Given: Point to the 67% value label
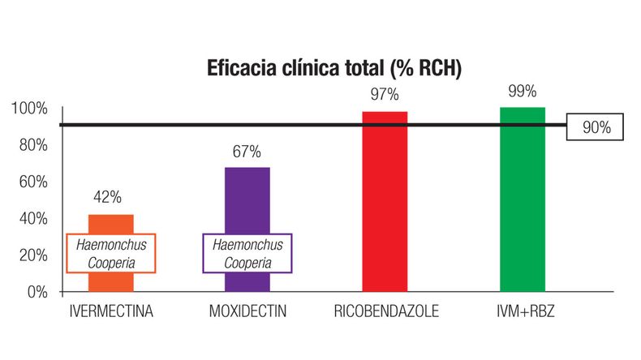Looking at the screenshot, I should click(247, 152).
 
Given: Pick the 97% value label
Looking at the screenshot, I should click(385, 95).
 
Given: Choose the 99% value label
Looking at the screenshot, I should click(522, 91).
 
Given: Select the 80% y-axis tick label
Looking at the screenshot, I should click(32, 145).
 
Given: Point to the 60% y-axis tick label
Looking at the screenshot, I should click(32, 182).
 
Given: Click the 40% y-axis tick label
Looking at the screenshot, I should click(32, 218).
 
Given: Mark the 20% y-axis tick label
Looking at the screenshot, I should click(32, 255).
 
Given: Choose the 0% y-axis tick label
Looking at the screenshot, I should click(36, 291).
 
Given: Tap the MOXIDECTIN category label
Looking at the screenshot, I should click(247, 312).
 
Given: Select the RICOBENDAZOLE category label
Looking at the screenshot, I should click(385, 312).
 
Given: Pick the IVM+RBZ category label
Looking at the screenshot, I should click(522, 312).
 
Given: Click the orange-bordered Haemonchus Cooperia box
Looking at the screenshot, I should click(110, 254).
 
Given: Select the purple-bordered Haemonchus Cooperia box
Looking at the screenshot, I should click(247, 253).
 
